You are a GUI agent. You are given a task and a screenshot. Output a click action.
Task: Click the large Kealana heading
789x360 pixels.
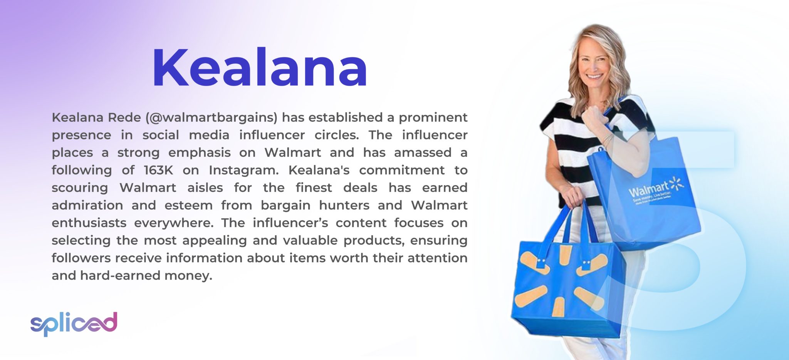[260, 69]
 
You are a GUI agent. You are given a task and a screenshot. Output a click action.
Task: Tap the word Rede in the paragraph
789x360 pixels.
[124, 117]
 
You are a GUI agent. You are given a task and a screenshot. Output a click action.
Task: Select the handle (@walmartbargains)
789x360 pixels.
[212, 117]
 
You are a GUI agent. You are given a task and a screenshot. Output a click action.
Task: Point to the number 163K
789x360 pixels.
[159, 170]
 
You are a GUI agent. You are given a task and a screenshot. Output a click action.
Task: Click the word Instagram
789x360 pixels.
[243, 170]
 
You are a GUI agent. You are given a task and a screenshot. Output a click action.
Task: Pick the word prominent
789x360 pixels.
[433, 117]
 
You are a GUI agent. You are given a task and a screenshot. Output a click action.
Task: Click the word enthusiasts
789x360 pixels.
[89, 223]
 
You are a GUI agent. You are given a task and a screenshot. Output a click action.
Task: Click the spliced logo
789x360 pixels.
[74, 323]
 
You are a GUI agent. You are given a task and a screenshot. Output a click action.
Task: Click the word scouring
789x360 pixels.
[80, 188]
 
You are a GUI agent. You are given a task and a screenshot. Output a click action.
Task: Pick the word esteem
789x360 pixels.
[188, 205]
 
